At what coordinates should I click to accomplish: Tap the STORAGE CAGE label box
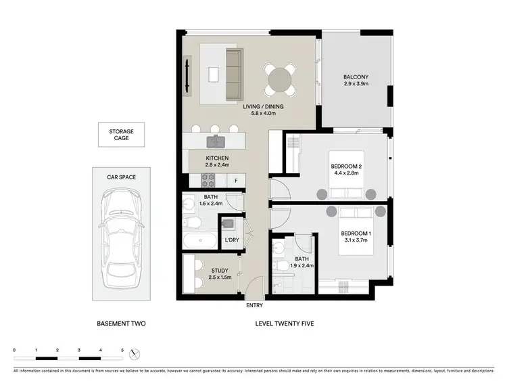[x=122, y=134]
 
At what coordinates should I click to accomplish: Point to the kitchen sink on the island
[x=217, y=141]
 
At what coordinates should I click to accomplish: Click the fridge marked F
[x=236, y=181]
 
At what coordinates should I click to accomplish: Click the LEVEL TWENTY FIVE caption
[x=284, y=323]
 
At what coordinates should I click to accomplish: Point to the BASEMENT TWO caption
[x=122, y=323]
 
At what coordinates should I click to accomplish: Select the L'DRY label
[x=231, y=241]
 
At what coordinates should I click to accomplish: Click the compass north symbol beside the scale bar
[x=135, y=353]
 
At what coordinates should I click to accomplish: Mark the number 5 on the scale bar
[x=122, y=350]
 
